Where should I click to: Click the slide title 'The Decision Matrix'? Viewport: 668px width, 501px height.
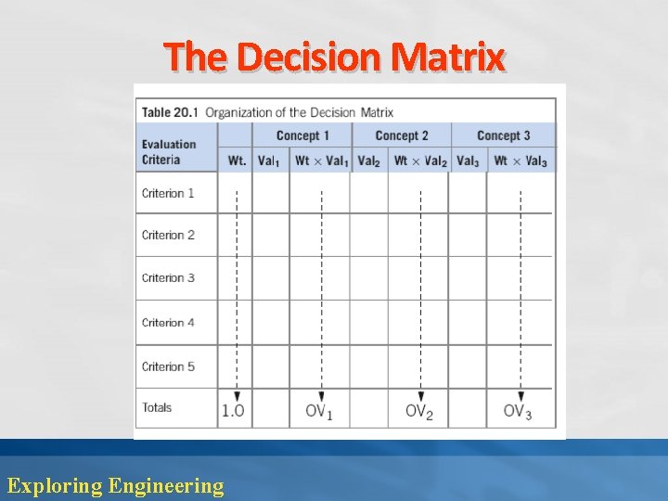pyautogui.click(x=335, y=58)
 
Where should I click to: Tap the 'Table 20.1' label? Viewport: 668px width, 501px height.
pyautogui.click(x=171, y=112)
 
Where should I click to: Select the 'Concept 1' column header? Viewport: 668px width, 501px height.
pyautogui.click(x=302, y=135)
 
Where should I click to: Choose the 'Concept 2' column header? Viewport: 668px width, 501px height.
pyautogui.click(x=402, y=135)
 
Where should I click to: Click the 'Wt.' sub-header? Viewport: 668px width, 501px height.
pyautogui.click(x=237, y=161)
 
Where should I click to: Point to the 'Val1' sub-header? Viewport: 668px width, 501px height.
pyautogui.click(x=269, y=161)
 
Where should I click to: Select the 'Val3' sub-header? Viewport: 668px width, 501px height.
pyautogui.click(x=468, y=161)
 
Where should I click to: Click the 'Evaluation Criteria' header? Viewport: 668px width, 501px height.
pyautogui.click(x=169, y=151)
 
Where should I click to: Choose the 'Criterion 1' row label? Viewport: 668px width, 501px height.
pyautogui.click(x=168, y=193)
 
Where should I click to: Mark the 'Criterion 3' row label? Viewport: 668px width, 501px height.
pyautogui.click(x=168, y=277)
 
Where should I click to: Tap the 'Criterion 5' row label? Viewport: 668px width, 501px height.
pyautogui.click(x=168, y=366)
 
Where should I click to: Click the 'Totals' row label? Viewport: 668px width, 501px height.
pyautogui.click(x=157, y=407)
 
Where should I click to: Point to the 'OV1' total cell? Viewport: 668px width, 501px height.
pyautogui.click(x=319, y=411)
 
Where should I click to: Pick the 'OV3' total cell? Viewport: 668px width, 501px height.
pyautogui.click(x=518, y=411)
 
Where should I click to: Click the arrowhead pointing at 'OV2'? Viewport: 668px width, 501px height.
pyautogui.click(x=420, y=395)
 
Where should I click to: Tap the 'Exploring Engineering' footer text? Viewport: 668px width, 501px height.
pyautogui.click(x=115, y=484)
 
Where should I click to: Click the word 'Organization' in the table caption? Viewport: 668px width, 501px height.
pyautogui.click(x=244, y=112)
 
